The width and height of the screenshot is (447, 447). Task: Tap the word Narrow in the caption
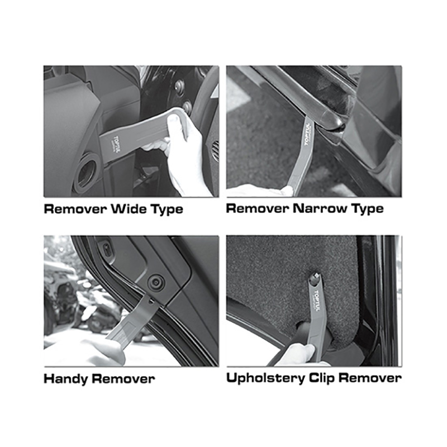tap(320, 208)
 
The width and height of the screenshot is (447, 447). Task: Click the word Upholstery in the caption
tap(265, 379)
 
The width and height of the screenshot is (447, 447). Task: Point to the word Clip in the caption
tap(321, 379)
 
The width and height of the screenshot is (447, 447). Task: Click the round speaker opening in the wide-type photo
tap(85, 173)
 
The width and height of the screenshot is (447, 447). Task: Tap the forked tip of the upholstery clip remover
tap(315, 277)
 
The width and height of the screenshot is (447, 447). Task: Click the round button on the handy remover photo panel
tap(156, 283)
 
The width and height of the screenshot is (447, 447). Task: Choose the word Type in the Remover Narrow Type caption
tap(368, 209)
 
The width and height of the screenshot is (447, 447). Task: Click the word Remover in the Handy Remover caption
tap(123, 379)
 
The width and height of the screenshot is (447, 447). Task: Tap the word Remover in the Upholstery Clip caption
tap(370, 378)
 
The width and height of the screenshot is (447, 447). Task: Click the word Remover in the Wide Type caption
tap(75, 209)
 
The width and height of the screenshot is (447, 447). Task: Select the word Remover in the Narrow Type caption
tap(258, 208)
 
